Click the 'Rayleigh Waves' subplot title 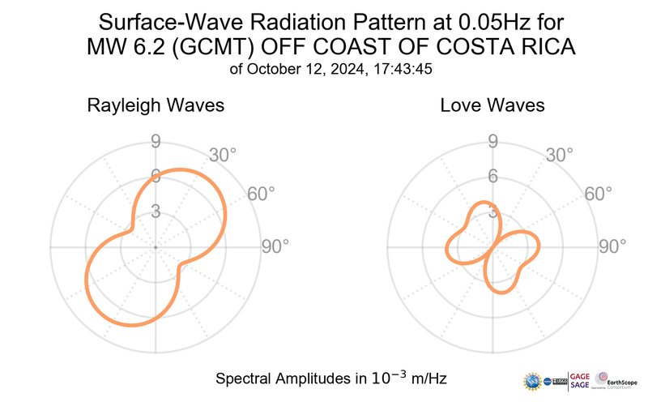tap(156, 105)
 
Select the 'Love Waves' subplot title tap(492, 105)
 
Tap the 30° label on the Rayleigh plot tap(223, 154)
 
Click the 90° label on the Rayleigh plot tap(275, 246)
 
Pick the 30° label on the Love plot tap(560, 154)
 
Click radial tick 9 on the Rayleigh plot tap(156, 143)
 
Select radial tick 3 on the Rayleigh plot tap(156, 212)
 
